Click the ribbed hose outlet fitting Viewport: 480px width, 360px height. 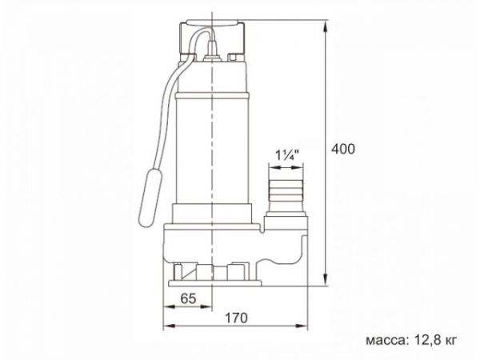(x=286, y=192)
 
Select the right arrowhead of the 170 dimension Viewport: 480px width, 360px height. (x=306, y=328)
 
